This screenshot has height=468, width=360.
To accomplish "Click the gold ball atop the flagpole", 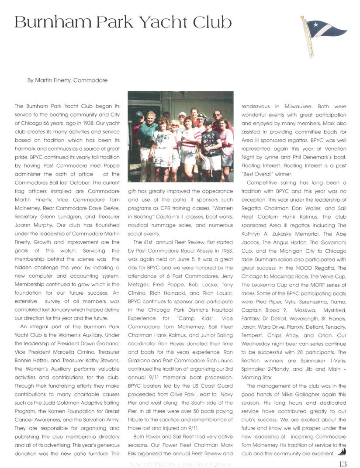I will pyautogui.click(x=302, y=17).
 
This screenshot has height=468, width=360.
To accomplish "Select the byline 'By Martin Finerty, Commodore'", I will pyautogui.click(x=67, y=80).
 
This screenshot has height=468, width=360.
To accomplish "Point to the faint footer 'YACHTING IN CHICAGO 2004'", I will pyautogui.click(x=179, y=464).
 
